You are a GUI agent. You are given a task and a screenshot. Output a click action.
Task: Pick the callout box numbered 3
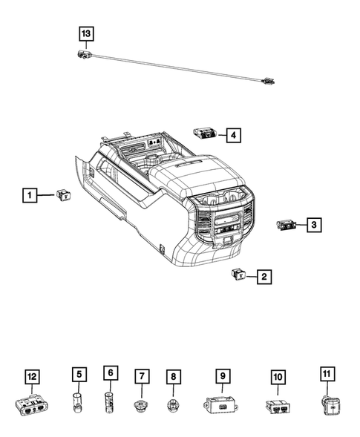(x=314, y=224)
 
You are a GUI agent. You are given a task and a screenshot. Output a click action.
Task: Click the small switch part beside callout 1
(x=64, y=195)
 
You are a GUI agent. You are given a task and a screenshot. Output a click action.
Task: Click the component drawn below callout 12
(x=30, y=406)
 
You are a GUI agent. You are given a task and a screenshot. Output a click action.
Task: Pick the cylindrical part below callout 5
(x=77, y=406)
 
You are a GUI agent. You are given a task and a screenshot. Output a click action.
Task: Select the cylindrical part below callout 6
(x=110, y=404)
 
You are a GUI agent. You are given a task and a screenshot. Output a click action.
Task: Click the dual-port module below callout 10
(x=278, y=406)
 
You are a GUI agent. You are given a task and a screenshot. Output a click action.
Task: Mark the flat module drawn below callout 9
(x=220, y=406)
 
